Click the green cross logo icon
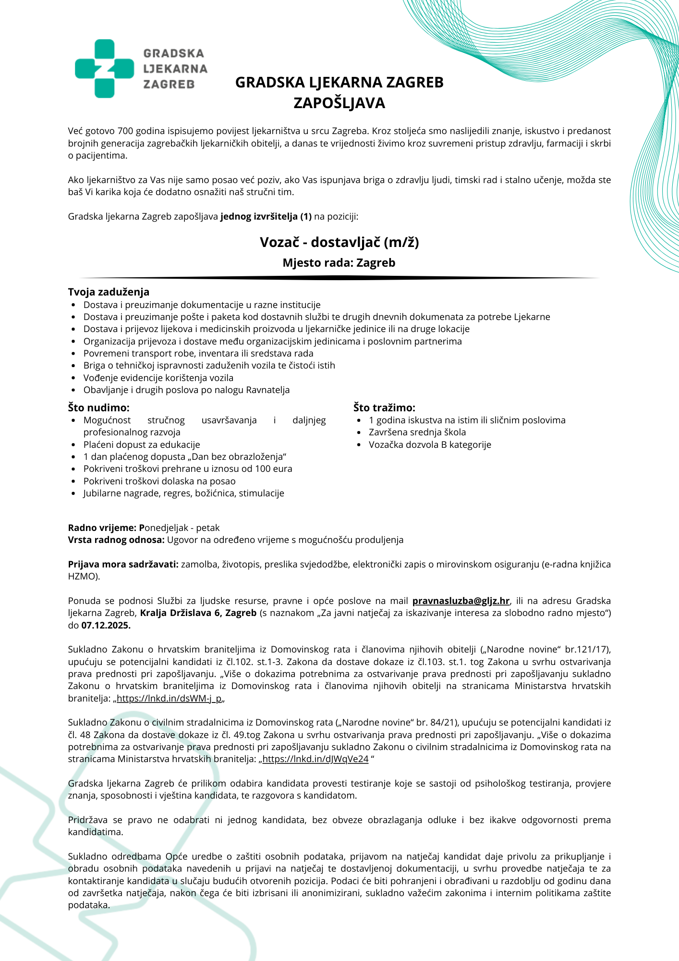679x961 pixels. coord(104,69)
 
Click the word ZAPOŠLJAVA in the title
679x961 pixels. coord(339,103)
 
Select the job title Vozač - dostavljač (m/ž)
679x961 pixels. coord(339,242)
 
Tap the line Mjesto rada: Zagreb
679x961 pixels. coord(339,263)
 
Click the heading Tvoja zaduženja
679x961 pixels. coord(109,292)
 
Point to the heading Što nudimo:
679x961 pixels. coord(98,407)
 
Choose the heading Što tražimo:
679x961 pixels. coord(384,407)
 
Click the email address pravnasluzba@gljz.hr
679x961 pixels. coord(461,601)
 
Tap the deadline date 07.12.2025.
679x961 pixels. coord(106,625)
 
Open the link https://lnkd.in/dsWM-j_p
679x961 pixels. coord(169,698)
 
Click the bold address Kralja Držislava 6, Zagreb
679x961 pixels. coord(198,613)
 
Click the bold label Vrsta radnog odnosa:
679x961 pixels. coord(116,540)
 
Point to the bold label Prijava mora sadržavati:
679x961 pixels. coord(123,564)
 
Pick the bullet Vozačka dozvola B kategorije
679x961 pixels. coord(430,444)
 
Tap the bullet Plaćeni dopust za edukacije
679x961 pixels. coord(142,444)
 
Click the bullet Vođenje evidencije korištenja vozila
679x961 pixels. coord(158,378)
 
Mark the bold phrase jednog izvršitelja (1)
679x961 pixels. coord(266,216)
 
